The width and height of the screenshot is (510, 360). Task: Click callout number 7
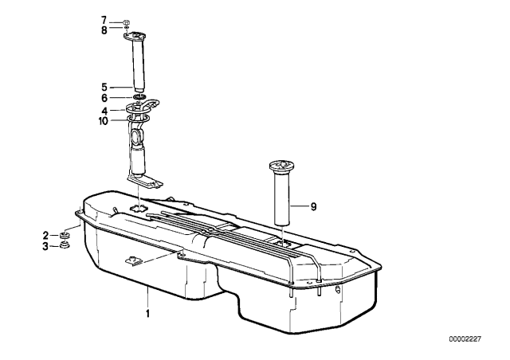[104, 21]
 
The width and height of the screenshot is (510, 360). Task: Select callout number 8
[104, 30]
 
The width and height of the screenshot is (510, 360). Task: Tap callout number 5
[104, 87]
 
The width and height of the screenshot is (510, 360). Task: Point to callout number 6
[104, 98]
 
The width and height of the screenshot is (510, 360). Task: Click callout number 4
[104, 111]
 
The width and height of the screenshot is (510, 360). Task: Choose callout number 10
[103, 121]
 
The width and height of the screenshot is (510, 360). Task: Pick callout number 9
[313, 206]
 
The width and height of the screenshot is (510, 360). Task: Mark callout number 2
[45, 235]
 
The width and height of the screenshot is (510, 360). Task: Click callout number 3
[45, 246]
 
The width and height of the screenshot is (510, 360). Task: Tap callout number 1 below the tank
[147, 314]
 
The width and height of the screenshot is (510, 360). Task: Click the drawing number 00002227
[465, 339]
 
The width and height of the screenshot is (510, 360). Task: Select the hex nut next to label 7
[126, 23]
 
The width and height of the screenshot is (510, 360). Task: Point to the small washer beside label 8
[126, 29]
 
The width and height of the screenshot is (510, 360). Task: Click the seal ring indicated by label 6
[139, 97]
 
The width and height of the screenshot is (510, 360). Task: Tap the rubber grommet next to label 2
[65, 235]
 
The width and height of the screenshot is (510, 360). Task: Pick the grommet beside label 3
[65, 245]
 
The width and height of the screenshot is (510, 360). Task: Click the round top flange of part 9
[283, 166]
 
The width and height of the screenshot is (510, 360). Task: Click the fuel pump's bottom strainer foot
[145, 182]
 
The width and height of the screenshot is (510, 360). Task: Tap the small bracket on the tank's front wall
[133, 260]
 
